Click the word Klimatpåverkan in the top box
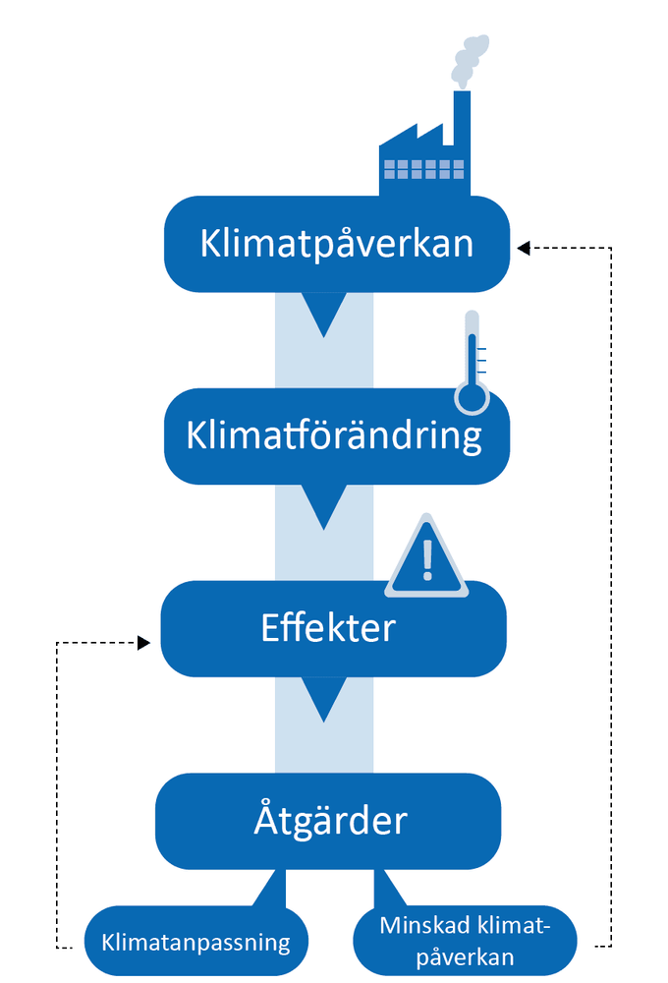pyautogui.click(x=336, y=244)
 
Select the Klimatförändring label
pyautogui.click(x=334, y=434)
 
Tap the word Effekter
pyautogui.click(x=328, y=627)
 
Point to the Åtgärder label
pyautogui.click(x=329, y=820)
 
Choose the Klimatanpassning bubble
pyautogui.click(x=196, y=943)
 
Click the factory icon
pyautogui.click(x=424, y=157)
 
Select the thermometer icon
pyautogui.click(x=472, y=364)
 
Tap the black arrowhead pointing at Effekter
pyautogui.click(x=143, y=643)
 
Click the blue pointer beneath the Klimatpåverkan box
pyautogui.click(x=323, y=315)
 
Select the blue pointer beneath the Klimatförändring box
pyautogui.click(x=323, y=505)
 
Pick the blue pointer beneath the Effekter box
pyautogui.click(x=323, y=700)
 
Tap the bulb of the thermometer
pyautogui.click(x=472, y=396)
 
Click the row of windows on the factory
pyautogui.click(x=423, y=169)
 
